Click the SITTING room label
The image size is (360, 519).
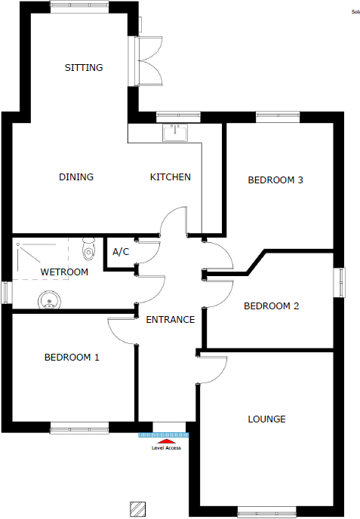point(83,68)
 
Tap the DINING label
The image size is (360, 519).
point(76,177)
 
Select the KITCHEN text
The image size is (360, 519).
point(171,177)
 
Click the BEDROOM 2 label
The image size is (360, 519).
point(272,306)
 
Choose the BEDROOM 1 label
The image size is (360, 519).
point(72,358)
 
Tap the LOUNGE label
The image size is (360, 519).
point(267,419)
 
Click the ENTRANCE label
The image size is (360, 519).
point(170,320)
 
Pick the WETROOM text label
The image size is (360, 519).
point(64,272)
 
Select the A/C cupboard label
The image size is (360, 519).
point(121,253)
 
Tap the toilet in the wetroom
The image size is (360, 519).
point(89,248)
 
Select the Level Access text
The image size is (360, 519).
point(166,448)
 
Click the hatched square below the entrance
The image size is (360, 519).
point(137,508)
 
